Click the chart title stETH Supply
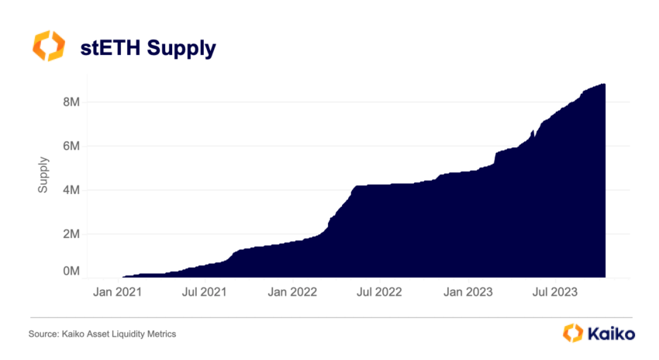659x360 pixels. click(148, 48)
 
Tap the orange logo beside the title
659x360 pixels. click(49, 47)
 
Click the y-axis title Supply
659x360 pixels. click(45, 175)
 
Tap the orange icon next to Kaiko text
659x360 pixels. click(572, 333)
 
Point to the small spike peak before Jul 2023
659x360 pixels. click(532, 130)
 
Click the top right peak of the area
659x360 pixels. click(603, 85)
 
